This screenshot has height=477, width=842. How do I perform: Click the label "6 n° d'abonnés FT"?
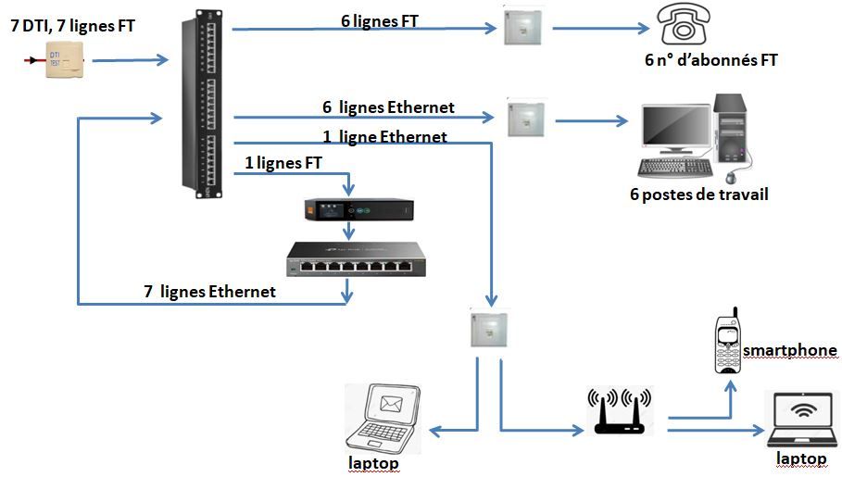tap(710, 61)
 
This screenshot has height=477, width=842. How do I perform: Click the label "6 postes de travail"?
tap(697, 195)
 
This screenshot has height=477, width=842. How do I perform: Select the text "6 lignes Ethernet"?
tap(388, 107)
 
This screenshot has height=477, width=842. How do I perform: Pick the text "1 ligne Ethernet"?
tap(384, 137)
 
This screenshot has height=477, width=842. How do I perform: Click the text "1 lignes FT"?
tap(283, 163)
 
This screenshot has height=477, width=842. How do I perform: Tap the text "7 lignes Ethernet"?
tap(209, 292)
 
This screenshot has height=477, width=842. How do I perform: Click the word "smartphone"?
tap(790, 350)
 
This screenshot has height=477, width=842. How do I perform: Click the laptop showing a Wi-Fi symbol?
tap(803, 417)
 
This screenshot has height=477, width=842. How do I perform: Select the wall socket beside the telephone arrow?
tap(522, 27)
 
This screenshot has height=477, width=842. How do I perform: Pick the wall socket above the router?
tap(488, 328)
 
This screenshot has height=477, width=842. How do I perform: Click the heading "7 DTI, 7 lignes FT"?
tap(73, 26)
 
